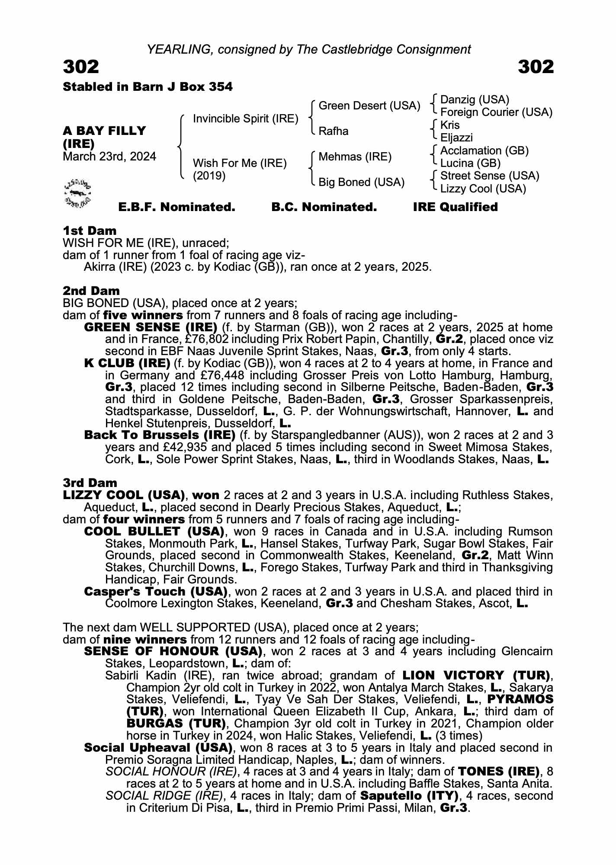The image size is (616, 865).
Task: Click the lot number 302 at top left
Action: tap(81, 67)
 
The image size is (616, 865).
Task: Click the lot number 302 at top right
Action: tap(536, 67)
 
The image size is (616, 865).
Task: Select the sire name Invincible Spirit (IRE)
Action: tap(245, 119)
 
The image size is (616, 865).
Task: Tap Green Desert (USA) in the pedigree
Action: tap(369, 106)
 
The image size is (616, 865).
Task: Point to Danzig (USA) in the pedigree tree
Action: tap(475, 100)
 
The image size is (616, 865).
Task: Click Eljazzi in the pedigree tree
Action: tap(456, 138)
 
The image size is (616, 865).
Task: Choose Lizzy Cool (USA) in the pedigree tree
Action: tap(483, 189)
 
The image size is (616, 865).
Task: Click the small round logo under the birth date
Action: tap(77, 192)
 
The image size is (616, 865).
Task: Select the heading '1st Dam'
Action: tap(90, 231)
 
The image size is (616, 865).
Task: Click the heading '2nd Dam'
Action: tap(91, 291)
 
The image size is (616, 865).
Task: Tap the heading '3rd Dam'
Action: tap(90, 483)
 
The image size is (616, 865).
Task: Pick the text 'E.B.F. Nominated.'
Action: tap(176, 207)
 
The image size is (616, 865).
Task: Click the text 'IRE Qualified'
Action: tap(455, 207)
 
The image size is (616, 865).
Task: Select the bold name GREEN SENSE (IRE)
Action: tap(151, 327)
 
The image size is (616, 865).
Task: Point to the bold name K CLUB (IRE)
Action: tap(127, 363)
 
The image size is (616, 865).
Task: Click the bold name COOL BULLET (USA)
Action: tap(154, 531)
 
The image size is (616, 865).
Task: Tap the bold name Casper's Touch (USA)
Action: tap(156, 591)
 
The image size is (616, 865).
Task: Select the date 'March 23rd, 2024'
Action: tap(109, 157)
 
